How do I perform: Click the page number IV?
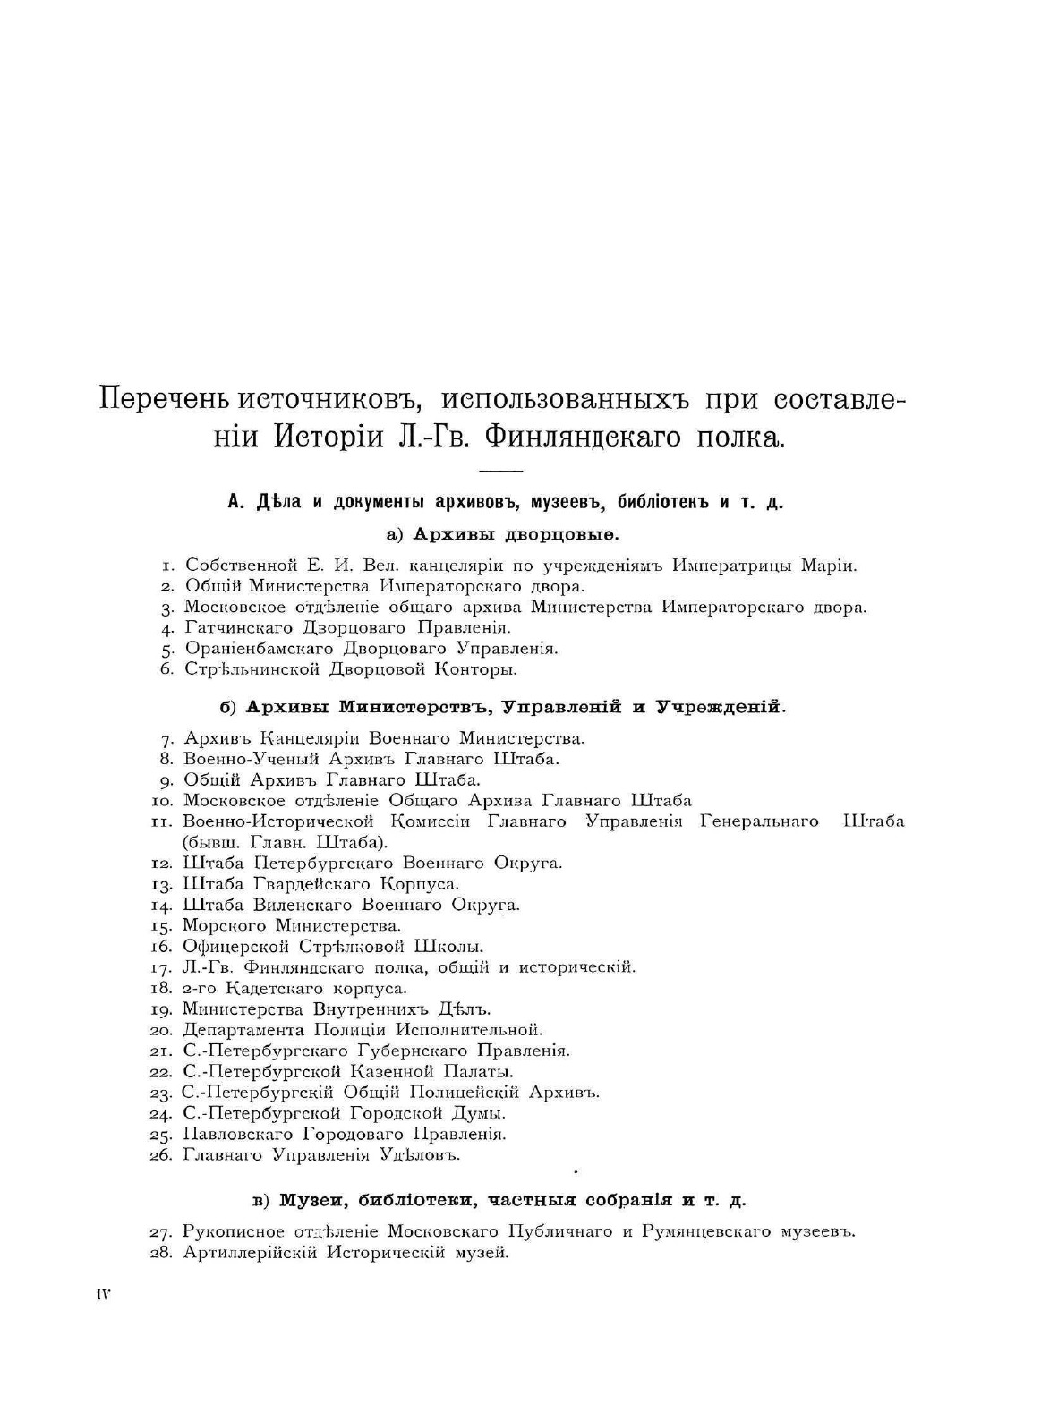pyautogui.click(x=103, y=1295)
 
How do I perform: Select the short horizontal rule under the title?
pyautogui.click(x=500, y=471)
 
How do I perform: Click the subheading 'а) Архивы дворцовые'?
pyautogui.click(x=503, y=534)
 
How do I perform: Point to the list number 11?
pyautogui.click(x=164, y=821)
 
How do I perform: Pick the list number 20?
pyautogui.click(x=164, y=1030)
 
